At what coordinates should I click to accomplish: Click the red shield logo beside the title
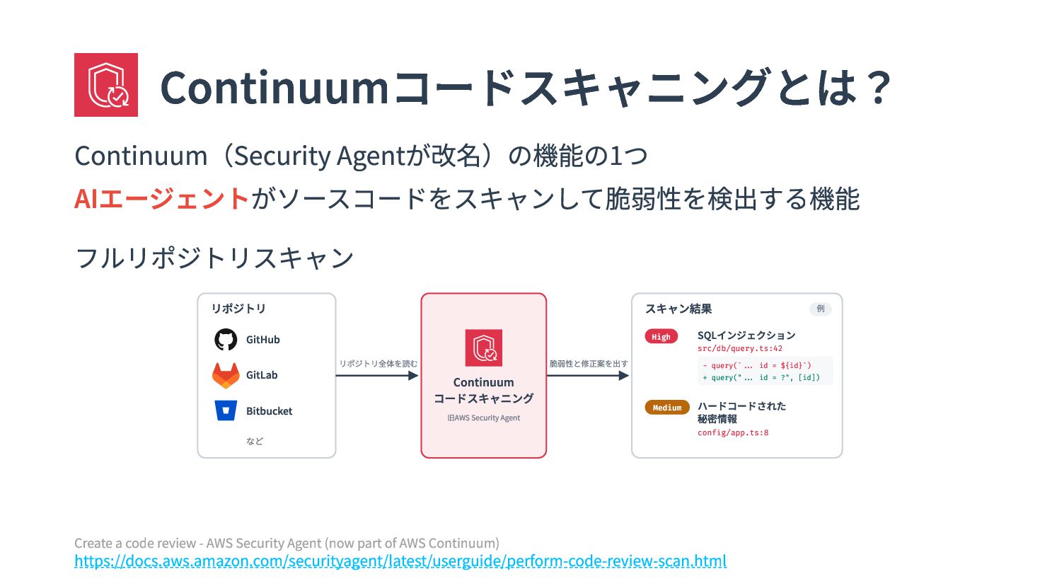click(106, 84)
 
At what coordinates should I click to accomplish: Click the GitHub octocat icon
click(226, 340)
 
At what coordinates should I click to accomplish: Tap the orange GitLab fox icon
click(226, 375)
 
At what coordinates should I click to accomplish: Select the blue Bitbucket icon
click(226, 410)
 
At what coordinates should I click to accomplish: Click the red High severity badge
click(661, 337)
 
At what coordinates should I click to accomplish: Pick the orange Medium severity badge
click(667, 407)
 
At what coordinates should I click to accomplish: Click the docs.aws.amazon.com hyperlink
click(400, 561)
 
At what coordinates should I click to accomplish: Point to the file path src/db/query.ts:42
click(739, 348)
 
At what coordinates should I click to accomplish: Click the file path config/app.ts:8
click(733, 432)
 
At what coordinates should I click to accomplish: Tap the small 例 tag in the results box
click(821, 309)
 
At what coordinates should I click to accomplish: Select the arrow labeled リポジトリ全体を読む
click(377, 376)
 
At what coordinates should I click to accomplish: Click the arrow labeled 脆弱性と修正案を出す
click(588, 376)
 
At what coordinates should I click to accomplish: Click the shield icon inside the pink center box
click(484, 347)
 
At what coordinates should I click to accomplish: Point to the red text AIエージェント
click(161, 199)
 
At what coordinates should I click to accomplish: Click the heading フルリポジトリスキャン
click(214, 258)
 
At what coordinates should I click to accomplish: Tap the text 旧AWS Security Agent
click(483, 418)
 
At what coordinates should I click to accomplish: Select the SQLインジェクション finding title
click(746, 335)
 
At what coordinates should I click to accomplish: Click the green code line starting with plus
click(761, 377)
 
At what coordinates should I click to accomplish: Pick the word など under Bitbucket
click(255, 441)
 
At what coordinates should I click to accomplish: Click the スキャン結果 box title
click(678, 309)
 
